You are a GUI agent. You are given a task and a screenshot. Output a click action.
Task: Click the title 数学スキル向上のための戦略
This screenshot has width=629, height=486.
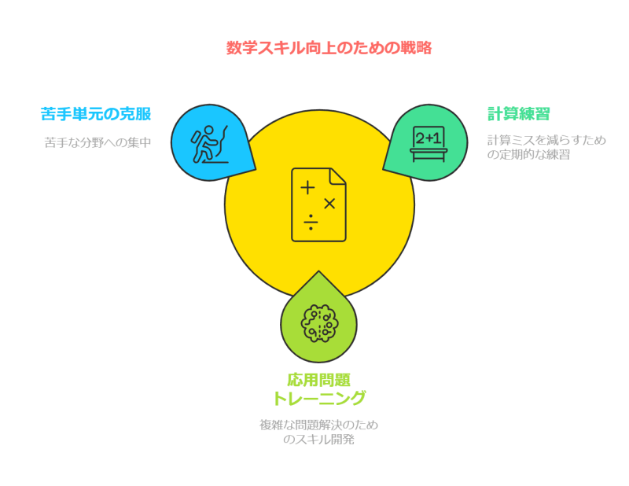(x=328, y=47)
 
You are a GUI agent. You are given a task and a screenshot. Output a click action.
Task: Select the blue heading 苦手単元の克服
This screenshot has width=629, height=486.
(x=96, y=114)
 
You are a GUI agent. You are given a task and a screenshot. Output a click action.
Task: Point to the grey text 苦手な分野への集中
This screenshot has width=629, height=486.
(x=97, y=142)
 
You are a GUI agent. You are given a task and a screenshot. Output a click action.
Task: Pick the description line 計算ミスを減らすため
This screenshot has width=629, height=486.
(x=546, y=140)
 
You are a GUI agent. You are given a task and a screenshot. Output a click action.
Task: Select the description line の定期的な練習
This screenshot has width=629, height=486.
(x=528, y=154)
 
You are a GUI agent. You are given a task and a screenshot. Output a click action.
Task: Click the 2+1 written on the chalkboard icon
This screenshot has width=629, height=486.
(x=429, y=138)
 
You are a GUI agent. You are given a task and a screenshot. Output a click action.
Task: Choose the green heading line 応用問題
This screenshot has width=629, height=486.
(x=318, y=379)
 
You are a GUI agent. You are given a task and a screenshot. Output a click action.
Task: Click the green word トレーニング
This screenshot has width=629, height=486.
(x=318, y=398)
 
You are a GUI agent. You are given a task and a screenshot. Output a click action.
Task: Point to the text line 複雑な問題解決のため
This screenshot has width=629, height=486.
(x=318, y=425)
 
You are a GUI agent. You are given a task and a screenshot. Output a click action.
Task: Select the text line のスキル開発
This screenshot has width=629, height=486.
(x=318, y=440)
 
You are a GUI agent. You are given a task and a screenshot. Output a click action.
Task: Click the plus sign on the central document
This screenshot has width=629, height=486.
(x=307, y=188)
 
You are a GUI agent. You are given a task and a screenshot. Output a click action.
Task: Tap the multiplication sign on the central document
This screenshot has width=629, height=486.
(x=329, y=204)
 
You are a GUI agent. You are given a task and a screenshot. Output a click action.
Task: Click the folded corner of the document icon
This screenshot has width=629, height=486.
(x=339, y=175)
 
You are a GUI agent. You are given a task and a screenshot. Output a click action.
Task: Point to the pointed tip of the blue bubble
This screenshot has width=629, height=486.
(x=256, y=170)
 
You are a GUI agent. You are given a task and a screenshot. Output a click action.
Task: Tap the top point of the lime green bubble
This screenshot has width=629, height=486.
(x=318, y=272)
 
